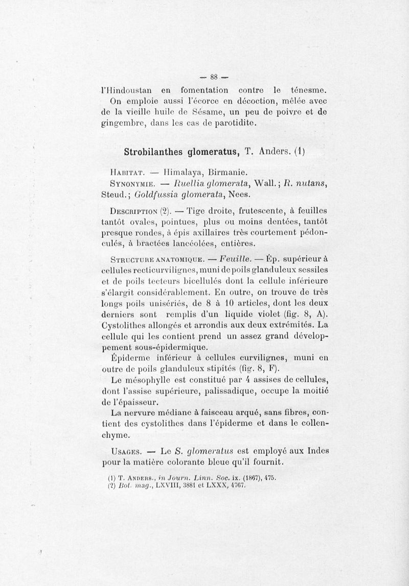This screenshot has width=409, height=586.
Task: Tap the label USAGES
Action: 119,451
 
